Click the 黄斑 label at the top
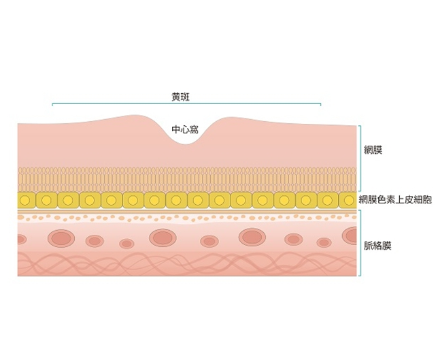(180, 97)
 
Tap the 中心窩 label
(185, 130)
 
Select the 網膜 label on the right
(373, 150)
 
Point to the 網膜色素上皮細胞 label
(395, 200)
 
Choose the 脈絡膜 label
(377, 246)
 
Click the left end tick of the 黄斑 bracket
(52, 105)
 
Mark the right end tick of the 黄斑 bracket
(321, 105)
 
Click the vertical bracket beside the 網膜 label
(360, 158)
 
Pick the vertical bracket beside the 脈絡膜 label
(360, 243)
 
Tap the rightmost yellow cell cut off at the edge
(348, 200)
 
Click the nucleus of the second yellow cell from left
(46, 200)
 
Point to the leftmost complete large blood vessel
(61, 238)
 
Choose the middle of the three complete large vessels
(163, 238)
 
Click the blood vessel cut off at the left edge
(22, 240)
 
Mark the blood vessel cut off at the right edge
(350, 235)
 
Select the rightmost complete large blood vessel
(252, 237)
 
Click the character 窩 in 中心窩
(194, 130)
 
